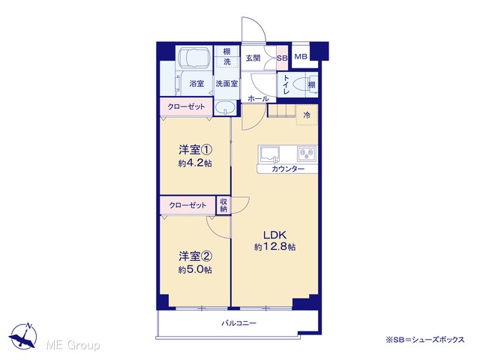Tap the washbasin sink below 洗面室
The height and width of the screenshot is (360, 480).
pyautogui.click(x=225, y=108)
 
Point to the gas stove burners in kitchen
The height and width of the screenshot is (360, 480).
pyautogui.click(x=307, y=154)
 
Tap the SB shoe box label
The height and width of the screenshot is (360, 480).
pyautogui.click(x=282, y=57)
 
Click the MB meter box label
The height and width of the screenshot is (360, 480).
pyautogui.click(x=301, y=57)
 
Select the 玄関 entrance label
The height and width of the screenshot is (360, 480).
pyautogui.click(x=253, y=58)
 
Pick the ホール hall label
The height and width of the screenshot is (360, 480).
pyautogui.click(x=258, y=98)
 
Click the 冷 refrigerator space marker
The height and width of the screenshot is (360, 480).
pyautogui.click(x=307, y=115)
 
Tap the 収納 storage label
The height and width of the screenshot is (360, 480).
pyautogui.click(x=223, y=205)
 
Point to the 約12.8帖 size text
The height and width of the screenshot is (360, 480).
pyautogui.click(x=275, y=247)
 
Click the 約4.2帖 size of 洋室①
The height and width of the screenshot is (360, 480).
pyautogui.click(x=195, y=163)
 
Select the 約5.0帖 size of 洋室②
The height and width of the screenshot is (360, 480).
pyautogui.click(x=195, y=270)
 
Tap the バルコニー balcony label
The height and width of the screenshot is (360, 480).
pyautogui.click(x=238, y=323)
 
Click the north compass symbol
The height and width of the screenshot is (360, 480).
pyautogui.click(x=23, y=335)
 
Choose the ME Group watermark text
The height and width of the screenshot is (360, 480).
pyautogui.click(x=73, y=345)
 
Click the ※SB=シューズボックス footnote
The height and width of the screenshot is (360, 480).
pyautogui.click(x=425, y=340)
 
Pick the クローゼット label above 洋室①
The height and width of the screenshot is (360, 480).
pyautogui.click(x=186, y=106)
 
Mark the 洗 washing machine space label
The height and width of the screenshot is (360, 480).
pyautogui.click(x=226, y=61)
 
